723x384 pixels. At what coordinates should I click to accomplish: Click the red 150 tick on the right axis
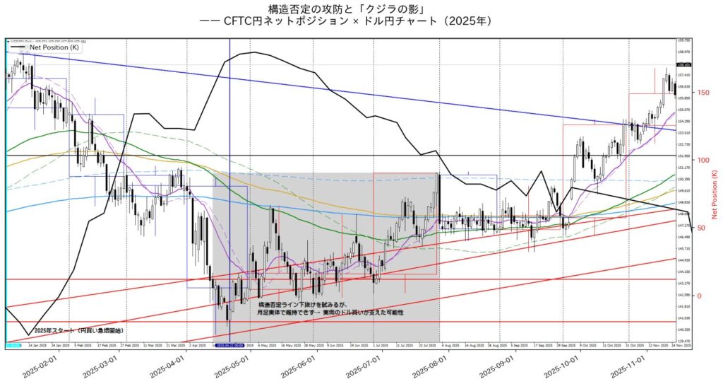(x=703, y=92)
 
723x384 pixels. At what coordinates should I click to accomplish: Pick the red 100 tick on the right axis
(x=703, y=160)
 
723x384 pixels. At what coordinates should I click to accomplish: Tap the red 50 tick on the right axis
(x=701, y=228)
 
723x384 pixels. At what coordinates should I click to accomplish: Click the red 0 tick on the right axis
(x=699, y=296)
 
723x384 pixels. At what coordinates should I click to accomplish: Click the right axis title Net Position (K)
(x=715, y=194)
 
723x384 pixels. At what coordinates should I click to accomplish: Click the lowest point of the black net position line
(x=28, y=334)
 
